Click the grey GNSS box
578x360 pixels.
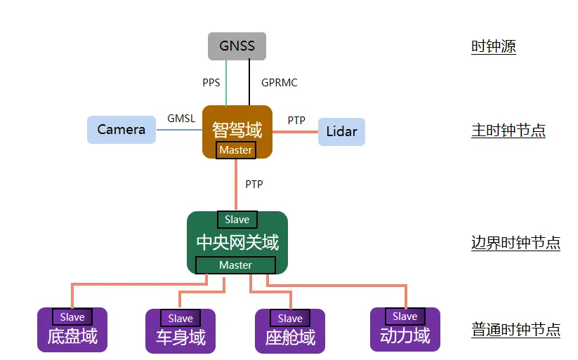237,46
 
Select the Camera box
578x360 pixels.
121,130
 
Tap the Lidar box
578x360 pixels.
341,131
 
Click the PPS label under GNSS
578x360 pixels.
211,83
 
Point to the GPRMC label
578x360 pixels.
279,83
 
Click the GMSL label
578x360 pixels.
181,119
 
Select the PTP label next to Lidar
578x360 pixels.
296,120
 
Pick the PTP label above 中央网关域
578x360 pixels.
254,184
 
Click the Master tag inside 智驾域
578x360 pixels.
235,150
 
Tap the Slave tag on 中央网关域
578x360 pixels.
237,220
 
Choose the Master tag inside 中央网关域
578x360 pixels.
235,265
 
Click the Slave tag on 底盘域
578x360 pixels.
72,317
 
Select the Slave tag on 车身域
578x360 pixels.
180,319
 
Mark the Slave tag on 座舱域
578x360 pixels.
290,319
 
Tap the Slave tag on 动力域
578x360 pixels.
405,316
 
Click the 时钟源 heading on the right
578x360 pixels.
494,47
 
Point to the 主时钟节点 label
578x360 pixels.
508,131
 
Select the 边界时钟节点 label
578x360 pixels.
515,244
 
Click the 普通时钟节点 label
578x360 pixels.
515,330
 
